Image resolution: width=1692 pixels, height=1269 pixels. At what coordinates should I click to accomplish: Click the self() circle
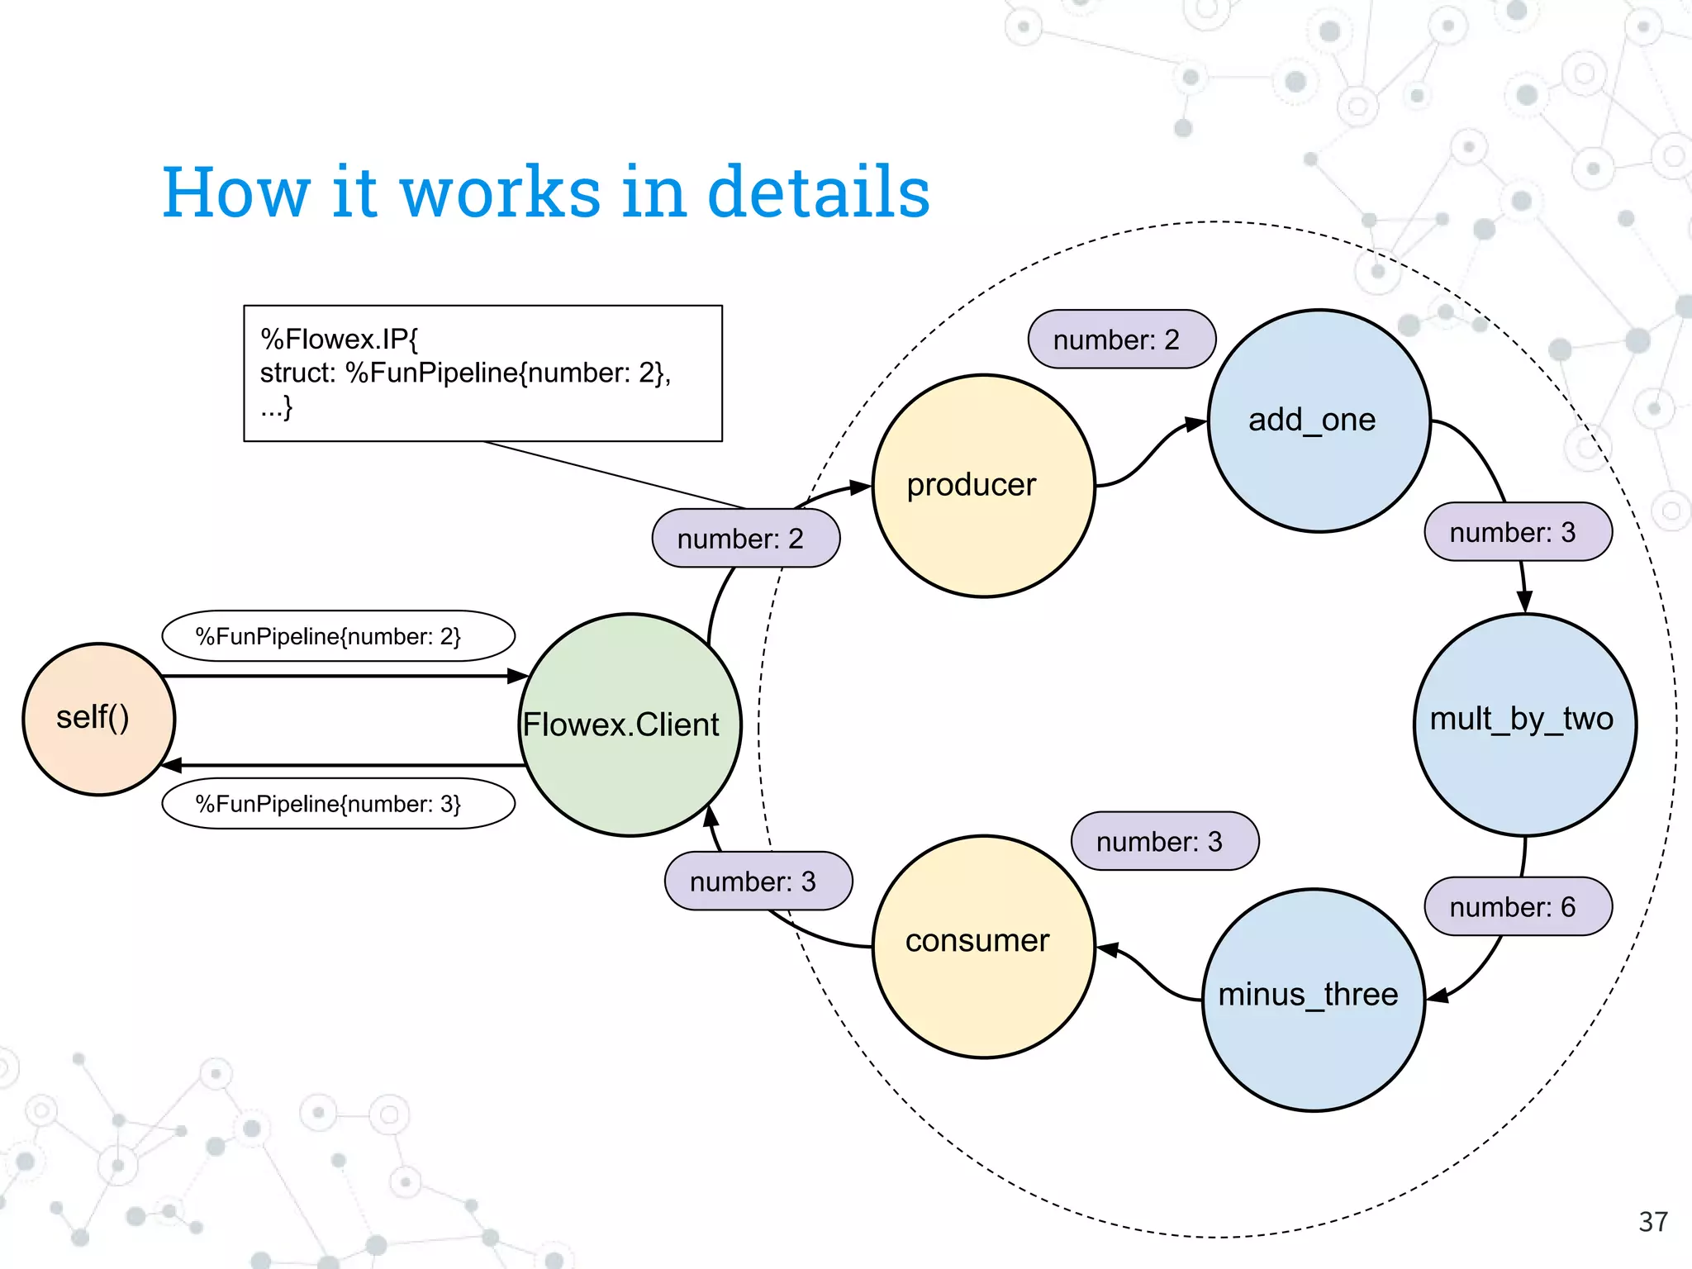point(98,719)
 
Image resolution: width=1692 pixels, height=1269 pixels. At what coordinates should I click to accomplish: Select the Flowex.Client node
point(630,725)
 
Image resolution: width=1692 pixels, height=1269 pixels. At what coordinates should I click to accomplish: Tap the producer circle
point(983,486)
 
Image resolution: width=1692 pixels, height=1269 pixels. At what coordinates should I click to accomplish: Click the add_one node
point(1319,421)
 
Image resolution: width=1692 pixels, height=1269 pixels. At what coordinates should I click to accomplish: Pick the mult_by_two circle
point(1524,724)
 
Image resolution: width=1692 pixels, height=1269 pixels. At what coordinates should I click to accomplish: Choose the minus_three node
point(1313,1000)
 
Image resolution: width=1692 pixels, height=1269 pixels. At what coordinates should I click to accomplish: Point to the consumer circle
point(983,946)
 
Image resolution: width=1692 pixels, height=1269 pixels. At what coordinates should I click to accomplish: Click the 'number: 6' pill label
point(1518,906)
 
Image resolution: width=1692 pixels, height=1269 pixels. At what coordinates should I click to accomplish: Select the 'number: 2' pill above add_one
point(1121,340)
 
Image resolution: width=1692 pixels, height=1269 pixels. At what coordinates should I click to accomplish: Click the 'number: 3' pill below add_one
point(1518,532)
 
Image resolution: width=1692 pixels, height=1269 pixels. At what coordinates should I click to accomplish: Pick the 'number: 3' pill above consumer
point(1164,841)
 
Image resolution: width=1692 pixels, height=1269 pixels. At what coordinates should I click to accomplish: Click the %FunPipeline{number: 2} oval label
point(338,636)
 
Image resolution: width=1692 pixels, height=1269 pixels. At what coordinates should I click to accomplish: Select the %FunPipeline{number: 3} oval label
point(338,804)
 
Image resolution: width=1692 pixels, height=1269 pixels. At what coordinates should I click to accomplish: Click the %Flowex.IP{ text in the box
point(340,339)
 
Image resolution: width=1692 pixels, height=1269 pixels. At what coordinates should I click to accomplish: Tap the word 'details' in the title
point(818,192)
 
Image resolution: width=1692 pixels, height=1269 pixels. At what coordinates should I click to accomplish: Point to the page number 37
point(1653,1222)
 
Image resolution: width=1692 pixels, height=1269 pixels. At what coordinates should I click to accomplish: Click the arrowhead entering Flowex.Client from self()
point(519,676)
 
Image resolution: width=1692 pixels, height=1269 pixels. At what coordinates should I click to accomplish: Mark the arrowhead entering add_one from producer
point(1196,424)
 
